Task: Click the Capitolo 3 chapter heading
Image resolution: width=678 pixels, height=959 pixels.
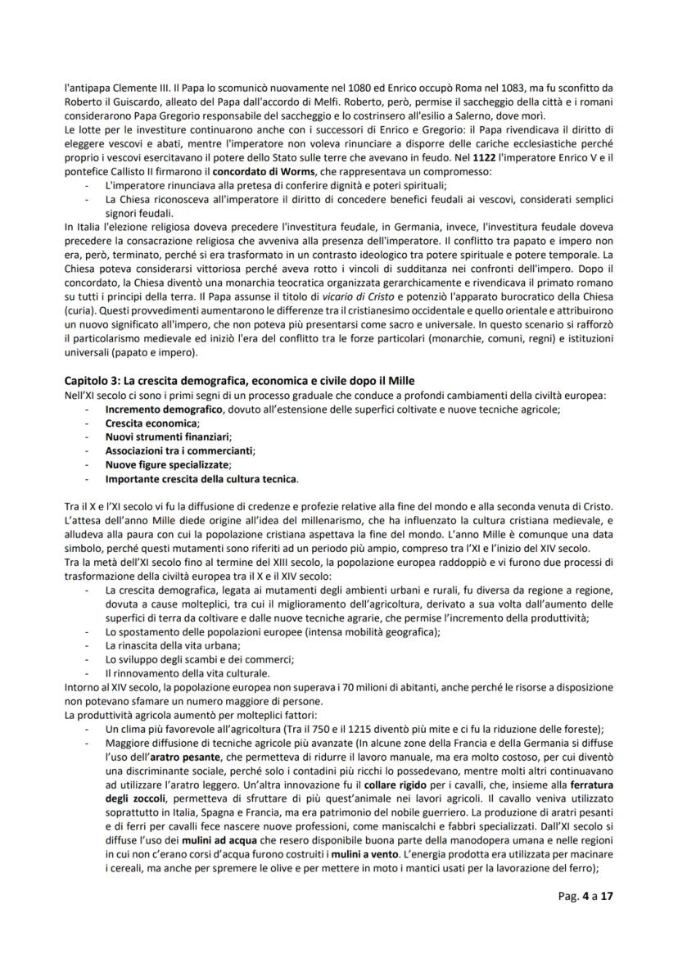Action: [239, 381]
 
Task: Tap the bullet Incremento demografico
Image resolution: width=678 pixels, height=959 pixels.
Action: [164, 408]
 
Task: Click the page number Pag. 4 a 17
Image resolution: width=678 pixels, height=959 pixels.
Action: [580, 920]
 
